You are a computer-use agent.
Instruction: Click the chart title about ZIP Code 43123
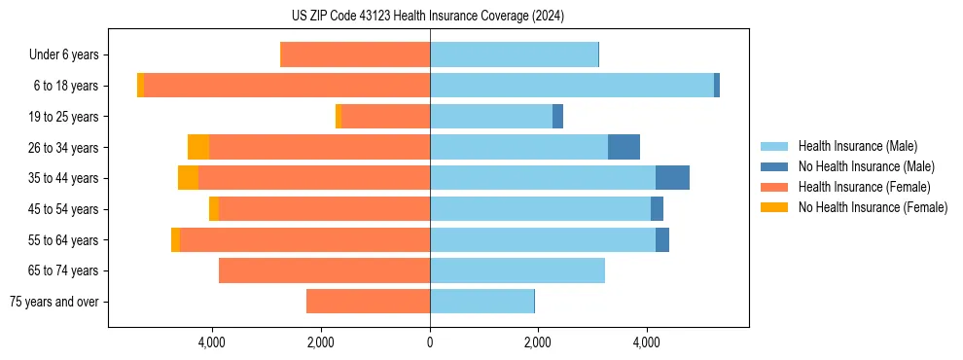[x=429, y=17]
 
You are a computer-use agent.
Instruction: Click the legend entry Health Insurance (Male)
[x=856, y=146]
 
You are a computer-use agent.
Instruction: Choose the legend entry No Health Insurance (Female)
[x=872, y=207]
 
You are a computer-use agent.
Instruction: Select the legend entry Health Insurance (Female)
[x=863, y=187]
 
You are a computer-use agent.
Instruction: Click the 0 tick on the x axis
[x=429, y=342]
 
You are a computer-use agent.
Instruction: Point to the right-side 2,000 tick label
[x=537, y=342]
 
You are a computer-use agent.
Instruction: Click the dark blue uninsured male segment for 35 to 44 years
[x=672, y=178]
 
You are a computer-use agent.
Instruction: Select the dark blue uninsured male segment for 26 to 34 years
[x=624, y=147]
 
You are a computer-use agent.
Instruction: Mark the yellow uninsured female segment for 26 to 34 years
[x=198, y=147]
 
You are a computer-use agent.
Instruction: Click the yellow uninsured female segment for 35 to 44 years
[x=188, y=178]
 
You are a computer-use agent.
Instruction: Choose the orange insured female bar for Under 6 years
[x=355, y=55]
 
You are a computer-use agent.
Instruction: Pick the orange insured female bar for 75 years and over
[x=368, y=302]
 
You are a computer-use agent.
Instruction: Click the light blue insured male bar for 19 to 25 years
[x=491, y=117]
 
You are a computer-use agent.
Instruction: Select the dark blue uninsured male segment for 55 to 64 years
[x=662, y=239]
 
